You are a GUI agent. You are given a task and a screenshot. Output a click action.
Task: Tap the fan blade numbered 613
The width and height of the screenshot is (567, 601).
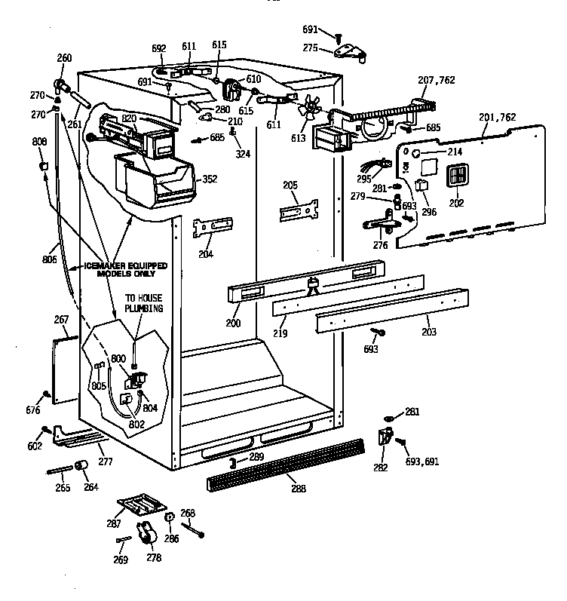(308, 110)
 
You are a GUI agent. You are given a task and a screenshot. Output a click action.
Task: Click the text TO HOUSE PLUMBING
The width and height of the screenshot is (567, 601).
(144, 303)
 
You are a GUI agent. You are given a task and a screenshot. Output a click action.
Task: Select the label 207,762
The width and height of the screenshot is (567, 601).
(436, 80)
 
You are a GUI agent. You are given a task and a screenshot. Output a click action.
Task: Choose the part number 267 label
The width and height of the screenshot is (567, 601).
(61, 320)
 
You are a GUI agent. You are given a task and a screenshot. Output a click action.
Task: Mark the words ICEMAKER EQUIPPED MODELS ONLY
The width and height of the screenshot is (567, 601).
(125, 270)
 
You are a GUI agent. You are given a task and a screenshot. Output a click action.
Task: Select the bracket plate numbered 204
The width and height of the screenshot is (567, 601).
(212, 227)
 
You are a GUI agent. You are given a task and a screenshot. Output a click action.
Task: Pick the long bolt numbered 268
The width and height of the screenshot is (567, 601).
(195, 529)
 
